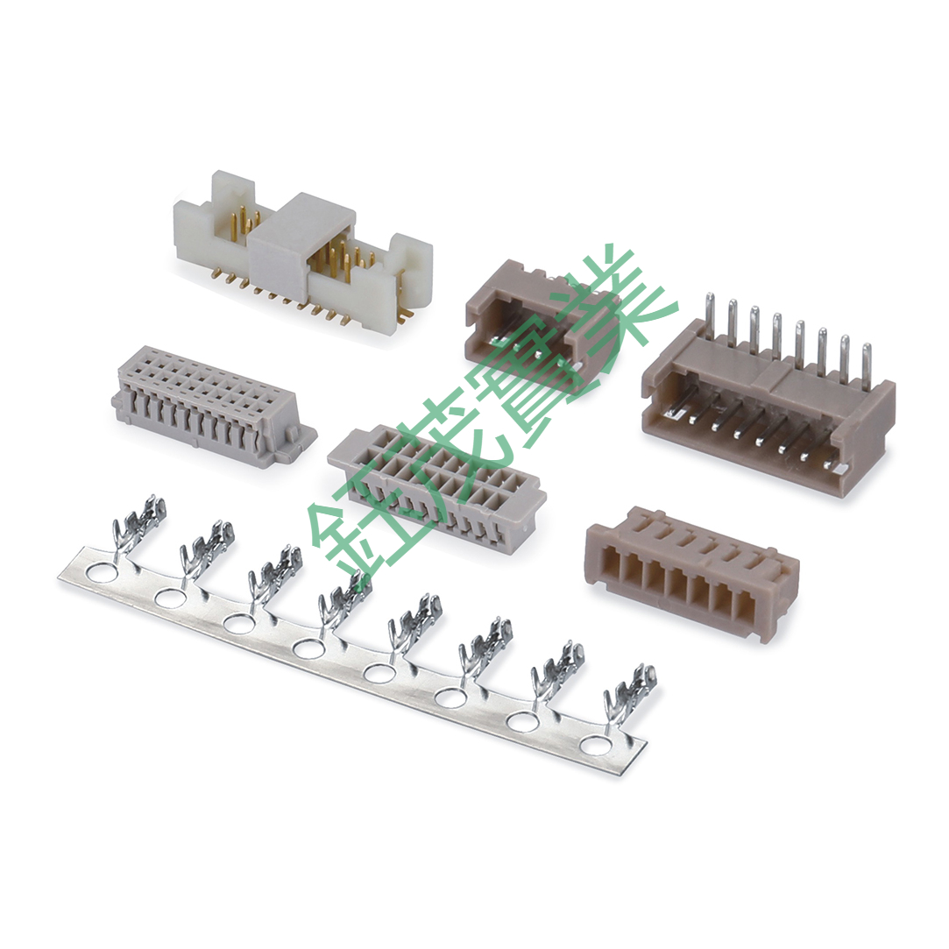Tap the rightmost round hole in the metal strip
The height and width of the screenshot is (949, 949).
(x=596, y=746)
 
